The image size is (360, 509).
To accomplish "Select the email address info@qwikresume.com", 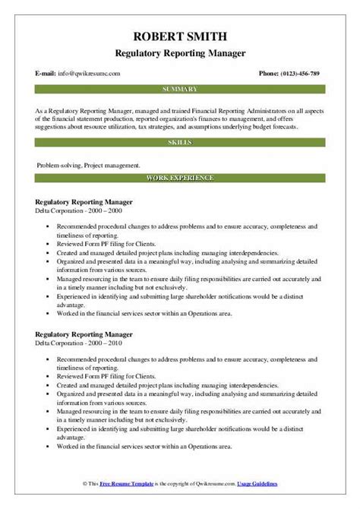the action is coord(86,74).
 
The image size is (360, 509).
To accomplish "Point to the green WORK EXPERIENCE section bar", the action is coord(180,179).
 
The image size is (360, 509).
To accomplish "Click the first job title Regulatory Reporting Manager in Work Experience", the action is coord(84,201).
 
